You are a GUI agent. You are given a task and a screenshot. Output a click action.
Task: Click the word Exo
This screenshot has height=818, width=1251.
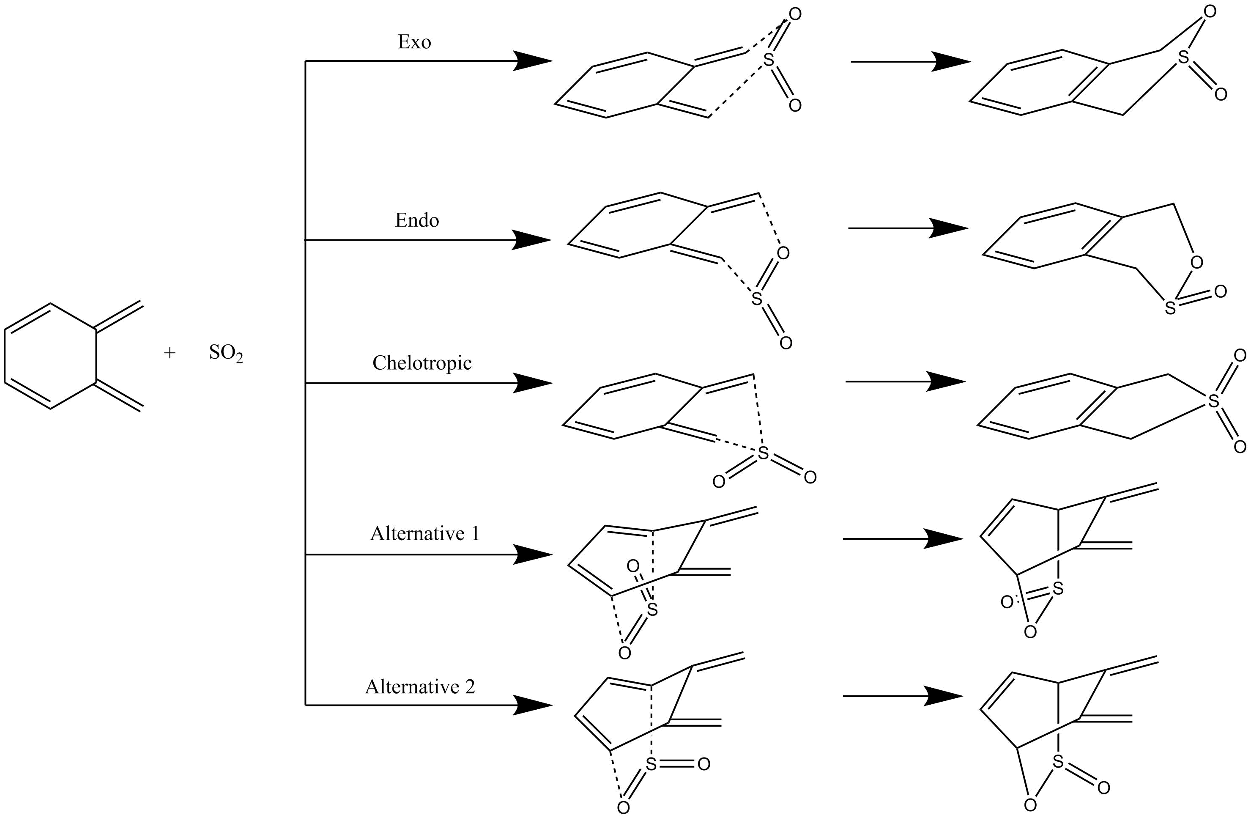click(414, 42)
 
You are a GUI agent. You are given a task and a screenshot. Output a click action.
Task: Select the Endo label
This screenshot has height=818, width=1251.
click(417, 220)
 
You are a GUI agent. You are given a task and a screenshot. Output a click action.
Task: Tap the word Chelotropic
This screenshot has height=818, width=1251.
click(422, 363)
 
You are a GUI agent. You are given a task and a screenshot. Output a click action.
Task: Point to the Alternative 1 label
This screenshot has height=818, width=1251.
click(425, 534)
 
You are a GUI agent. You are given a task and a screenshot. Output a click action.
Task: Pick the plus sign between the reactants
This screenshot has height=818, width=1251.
click(169, 353)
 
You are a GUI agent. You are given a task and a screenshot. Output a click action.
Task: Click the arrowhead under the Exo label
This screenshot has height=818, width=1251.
click(531, 61)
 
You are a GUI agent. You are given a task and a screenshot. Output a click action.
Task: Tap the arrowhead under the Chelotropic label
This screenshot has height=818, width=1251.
click(531, 383)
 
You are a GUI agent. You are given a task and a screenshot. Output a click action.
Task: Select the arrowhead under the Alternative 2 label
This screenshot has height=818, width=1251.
click(531, 705)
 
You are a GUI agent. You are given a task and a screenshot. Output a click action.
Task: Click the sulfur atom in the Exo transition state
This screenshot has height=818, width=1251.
click(769, 60)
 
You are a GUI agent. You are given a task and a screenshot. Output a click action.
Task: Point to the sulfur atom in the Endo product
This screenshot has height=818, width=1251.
click(1170, 308)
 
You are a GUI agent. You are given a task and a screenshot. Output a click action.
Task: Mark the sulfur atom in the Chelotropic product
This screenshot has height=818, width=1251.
click(1213, 402)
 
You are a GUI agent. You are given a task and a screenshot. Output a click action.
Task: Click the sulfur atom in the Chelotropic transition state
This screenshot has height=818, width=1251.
click(763, 453)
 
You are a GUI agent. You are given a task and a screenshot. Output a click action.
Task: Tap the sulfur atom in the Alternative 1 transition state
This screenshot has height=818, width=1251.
click(652, 610)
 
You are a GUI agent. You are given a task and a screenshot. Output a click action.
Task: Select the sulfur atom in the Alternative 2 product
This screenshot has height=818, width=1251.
click(1058, 762)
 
